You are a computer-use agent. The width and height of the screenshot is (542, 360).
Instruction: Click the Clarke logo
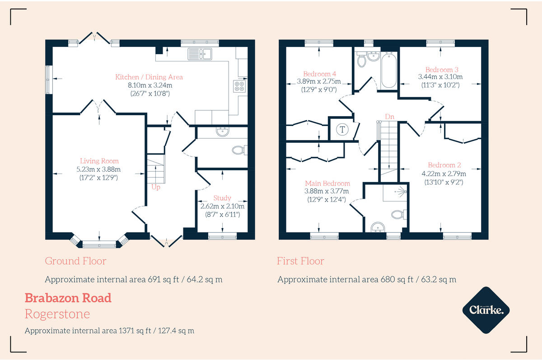(x=486, y=310)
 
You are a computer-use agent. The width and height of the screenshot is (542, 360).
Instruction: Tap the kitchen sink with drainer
(x=200, y=54)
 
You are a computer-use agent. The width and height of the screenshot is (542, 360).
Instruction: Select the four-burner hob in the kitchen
(x=239, y=86)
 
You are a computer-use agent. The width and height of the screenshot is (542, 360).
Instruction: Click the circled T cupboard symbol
(x=342, y=130)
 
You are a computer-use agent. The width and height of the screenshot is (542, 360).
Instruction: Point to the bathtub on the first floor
(x=389, y=70)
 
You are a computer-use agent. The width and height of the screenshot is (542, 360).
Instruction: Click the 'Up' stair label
(x=156, y=187)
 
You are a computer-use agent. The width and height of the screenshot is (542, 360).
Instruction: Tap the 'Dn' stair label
(x=389, y=117)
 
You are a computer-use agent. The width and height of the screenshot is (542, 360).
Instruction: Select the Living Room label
(x=99, y=161)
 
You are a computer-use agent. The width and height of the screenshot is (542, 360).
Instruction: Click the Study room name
(x=222, y=198)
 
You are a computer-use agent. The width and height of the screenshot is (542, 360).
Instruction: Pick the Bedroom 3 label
(x=442, y=70)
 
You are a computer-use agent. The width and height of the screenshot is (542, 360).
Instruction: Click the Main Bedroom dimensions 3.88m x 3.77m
(x=327, y=191)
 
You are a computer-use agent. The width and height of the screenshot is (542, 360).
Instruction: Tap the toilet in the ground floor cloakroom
(x=239, y=150)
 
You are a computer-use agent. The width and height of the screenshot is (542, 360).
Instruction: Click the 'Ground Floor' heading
(x=75, y=261)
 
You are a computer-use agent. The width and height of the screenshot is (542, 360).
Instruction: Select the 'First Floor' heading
(x=300, y=261)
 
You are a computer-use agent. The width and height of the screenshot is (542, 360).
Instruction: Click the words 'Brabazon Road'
(x=68, y=298)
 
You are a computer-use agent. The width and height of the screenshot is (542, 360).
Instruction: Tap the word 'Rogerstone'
(x=57, y=314)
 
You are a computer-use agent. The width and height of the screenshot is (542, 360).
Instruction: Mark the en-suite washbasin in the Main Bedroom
(x=378, y=227)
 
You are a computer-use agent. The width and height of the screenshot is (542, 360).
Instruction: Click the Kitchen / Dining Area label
(x=149, y=77)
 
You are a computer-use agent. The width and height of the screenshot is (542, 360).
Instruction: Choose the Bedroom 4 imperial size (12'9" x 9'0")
(x=319, y=90)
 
